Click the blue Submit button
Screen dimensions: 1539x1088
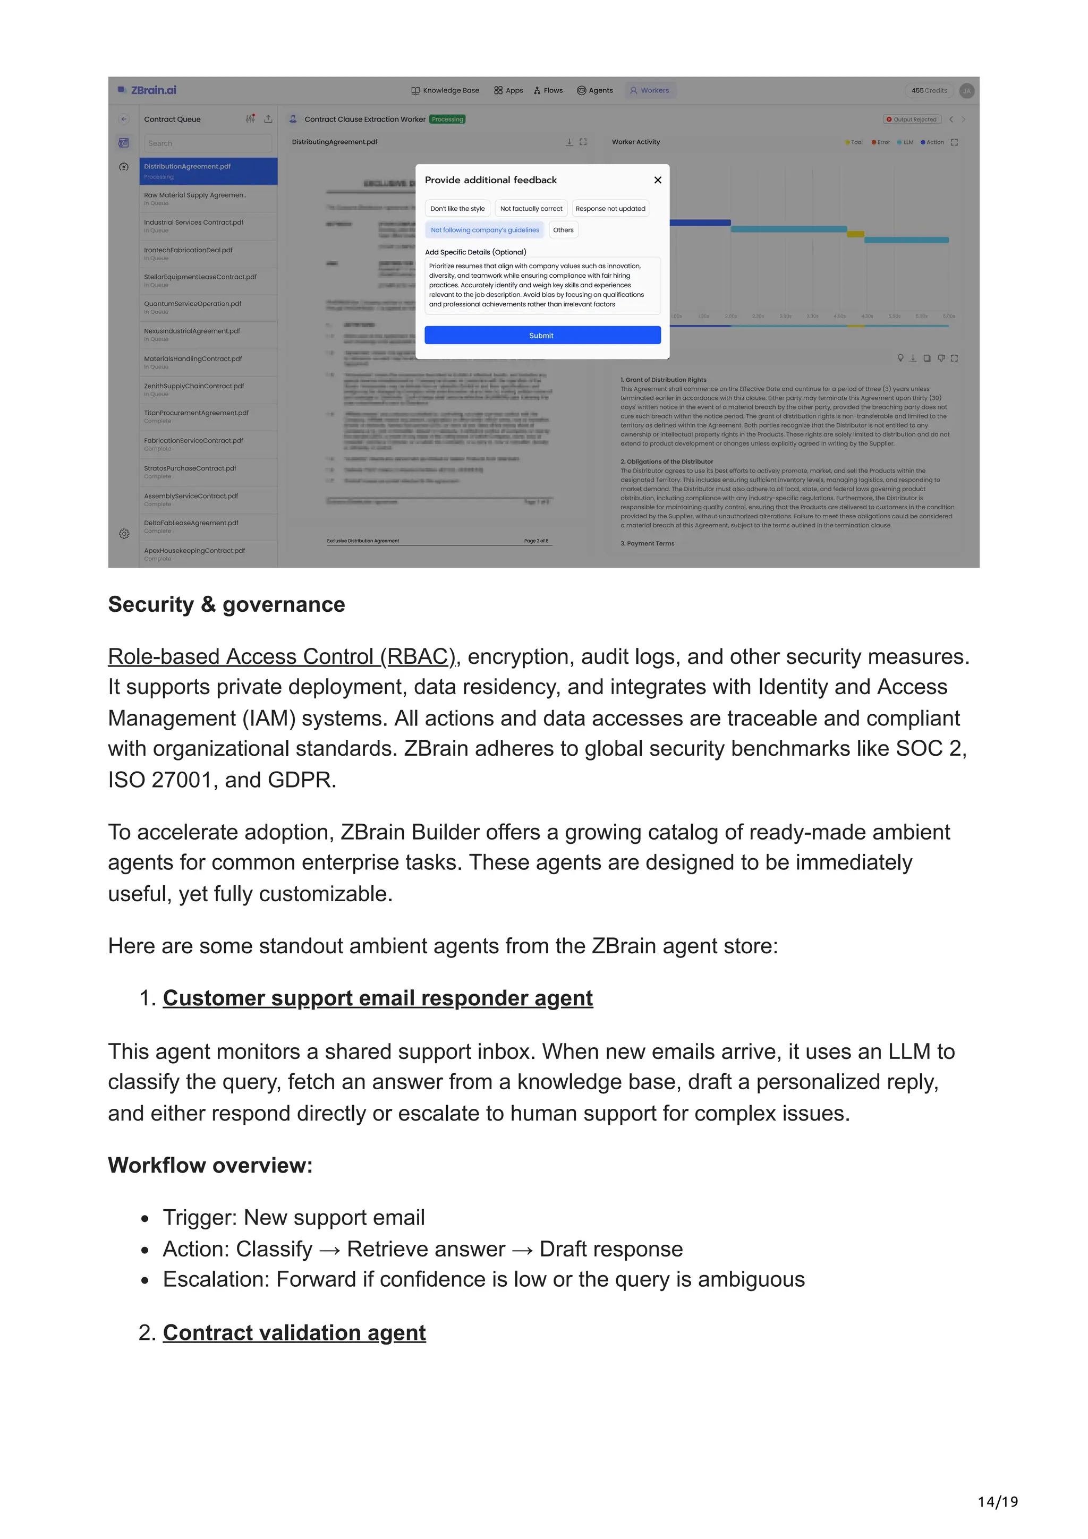point(542,335)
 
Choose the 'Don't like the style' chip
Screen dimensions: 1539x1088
point(457,209)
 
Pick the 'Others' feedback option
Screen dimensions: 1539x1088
point(563,230)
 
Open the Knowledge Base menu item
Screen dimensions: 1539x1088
point(445,90)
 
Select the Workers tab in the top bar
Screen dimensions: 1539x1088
point(650,90)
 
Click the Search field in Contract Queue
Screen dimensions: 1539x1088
point(207,143)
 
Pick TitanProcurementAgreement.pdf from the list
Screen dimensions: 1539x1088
point(195,413)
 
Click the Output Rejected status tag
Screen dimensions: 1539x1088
point(911,119)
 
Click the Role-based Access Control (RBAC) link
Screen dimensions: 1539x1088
point(282,656)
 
